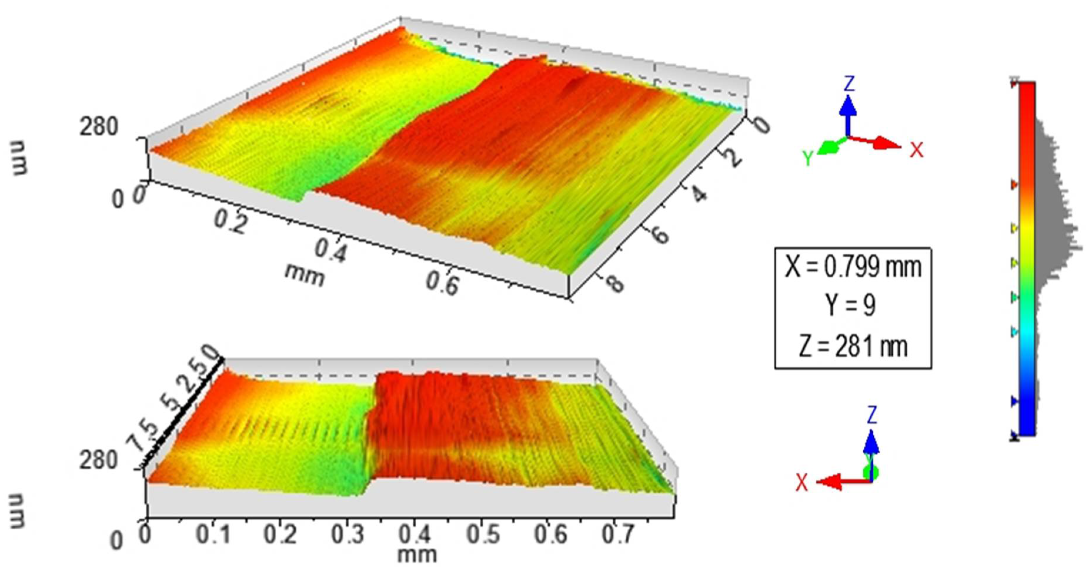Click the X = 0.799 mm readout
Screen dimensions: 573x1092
853,267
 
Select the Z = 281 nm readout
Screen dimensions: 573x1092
853,346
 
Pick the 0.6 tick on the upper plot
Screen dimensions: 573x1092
442,283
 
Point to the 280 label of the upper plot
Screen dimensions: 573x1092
98,127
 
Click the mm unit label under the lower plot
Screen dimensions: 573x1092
417,555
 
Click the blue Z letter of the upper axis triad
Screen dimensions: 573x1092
849,84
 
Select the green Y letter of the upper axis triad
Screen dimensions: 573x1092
808,158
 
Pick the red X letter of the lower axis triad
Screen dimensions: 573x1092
801,483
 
